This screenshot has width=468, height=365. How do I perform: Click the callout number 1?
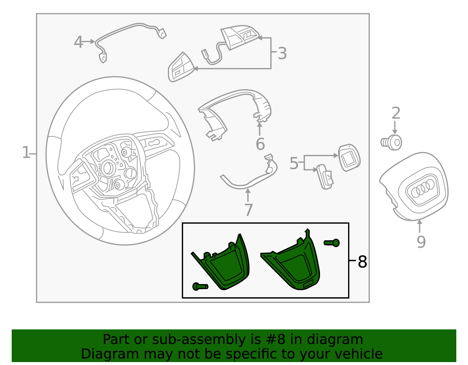pos(26,153)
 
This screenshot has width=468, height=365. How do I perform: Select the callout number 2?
pos(395,114)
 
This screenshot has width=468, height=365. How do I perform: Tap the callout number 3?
pos(282,54)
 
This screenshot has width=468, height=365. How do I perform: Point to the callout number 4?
pos(78,42)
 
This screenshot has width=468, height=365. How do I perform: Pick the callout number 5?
pos(294,163)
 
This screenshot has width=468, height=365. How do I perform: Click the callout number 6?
pos(260,144)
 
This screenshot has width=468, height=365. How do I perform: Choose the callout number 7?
pos(248,210)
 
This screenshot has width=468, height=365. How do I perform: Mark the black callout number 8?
pos(362,262)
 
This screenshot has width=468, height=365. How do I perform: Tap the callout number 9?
pos(421,242)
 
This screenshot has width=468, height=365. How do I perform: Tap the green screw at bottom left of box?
pos(200,286)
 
